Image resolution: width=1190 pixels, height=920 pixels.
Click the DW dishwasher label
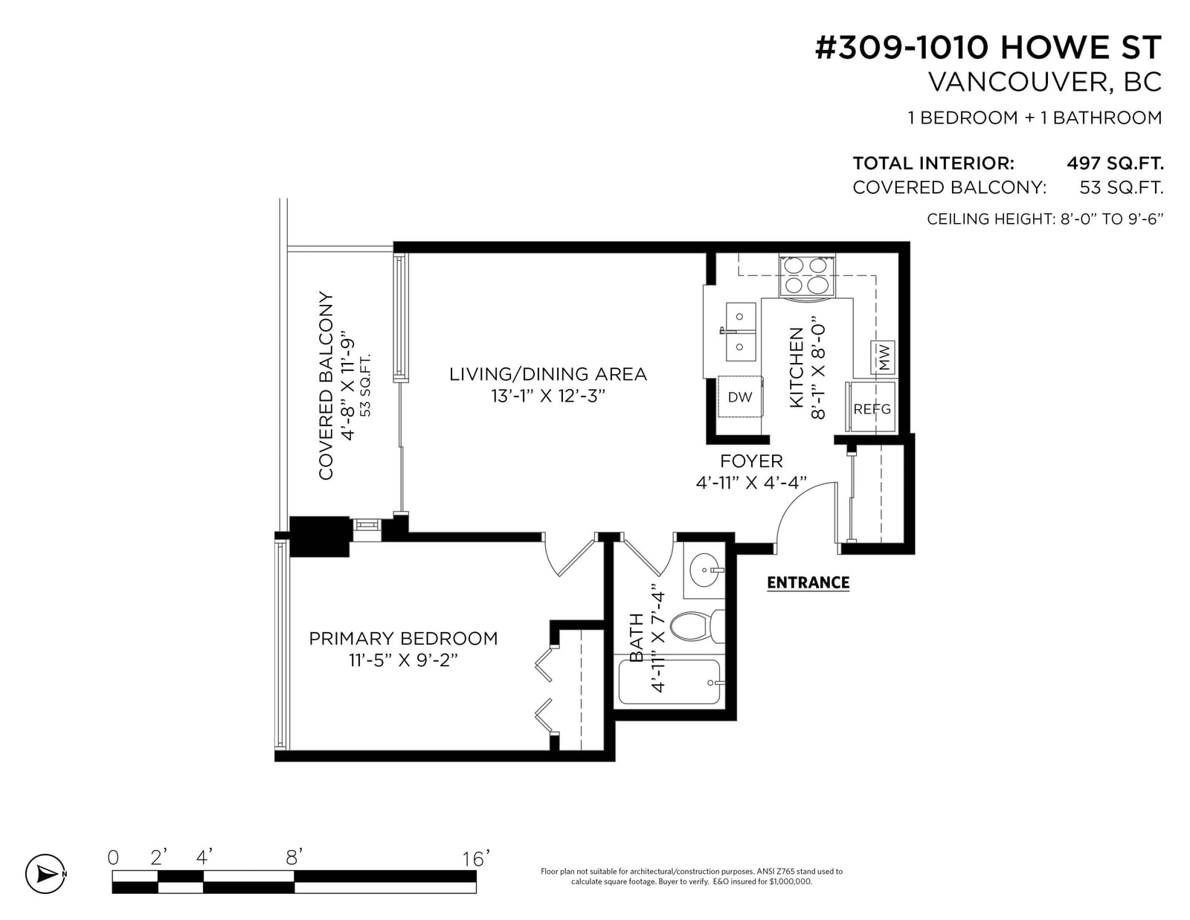(x=739, y=397)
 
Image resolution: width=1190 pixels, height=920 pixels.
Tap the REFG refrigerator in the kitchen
(x=871, y=407)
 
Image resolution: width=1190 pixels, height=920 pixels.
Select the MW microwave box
(x=882, y=358)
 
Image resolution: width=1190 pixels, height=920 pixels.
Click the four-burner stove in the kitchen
(x=806, y=275)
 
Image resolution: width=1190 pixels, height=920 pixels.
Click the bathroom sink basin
(x=704, y=570)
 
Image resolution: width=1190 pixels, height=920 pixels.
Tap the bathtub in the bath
(x=669, y=681)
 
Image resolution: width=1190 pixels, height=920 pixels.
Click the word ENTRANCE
(x=808, y=582)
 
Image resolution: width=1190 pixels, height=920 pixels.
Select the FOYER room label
(x=750, y=461)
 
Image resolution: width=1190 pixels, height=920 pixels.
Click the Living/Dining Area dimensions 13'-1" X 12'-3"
(x=547, y=396)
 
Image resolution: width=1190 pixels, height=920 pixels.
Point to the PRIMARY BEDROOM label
(x=403, y=638)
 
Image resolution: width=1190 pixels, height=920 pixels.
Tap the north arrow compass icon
(x=45, y=873)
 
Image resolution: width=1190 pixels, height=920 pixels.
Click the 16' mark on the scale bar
(x=475, y=858)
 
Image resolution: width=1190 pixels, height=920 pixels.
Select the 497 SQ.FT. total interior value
(x=1115, y=163)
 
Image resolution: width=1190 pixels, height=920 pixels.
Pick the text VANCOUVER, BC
(x=1045, y=82)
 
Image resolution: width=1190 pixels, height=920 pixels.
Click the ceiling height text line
(x=1045, y=219)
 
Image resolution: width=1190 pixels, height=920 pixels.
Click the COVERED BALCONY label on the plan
(x=326, y=385)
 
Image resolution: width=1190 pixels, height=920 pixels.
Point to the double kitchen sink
(x=740, y=332)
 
